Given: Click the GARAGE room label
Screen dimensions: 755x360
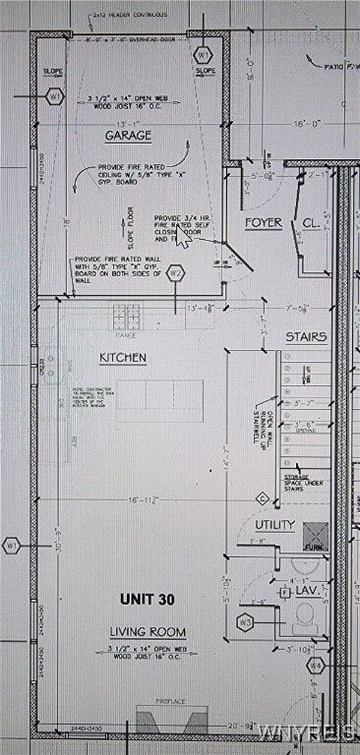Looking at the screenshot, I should (x=127, y=135).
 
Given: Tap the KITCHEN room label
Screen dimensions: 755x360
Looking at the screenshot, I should (x=123, y=357).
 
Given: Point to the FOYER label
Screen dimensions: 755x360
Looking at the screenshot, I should (x=265, y=222).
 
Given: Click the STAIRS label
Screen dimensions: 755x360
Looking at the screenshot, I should (x=306, y=337).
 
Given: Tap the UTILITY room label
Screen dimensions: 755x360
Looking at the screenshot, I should (x=274, y=525).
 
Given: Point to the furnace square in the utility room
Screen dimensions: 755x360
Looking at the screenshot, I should (x=314, y=536).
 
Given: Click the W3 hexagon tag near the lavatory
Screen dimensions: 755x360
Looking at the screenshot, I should (x=246, y=622).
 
